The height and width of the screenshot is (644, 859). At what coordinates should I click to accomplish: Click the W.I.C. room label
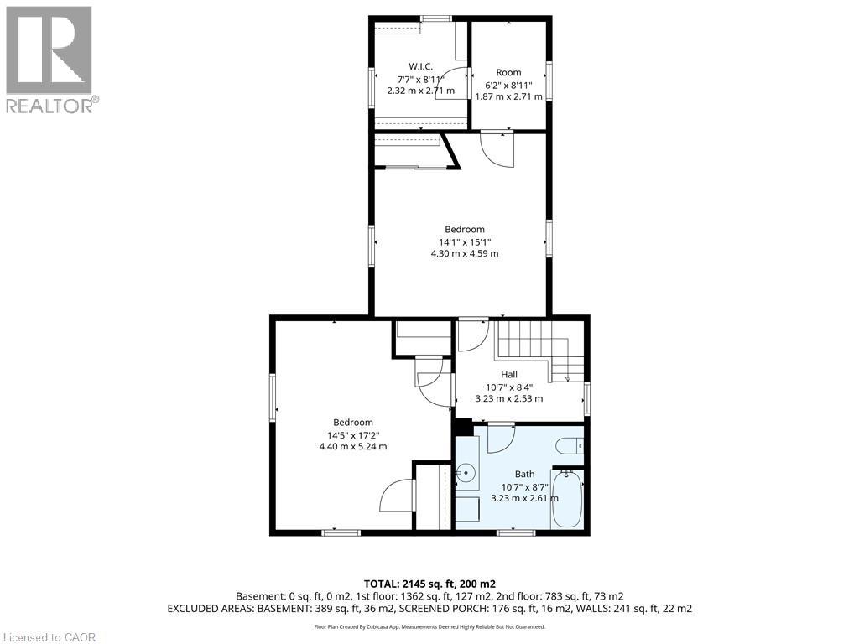420,66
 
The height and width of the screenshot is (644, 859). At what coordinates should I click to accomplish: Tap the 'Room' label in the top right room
508,72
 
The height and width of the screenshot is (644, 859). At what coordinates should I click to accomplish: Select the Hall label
509,374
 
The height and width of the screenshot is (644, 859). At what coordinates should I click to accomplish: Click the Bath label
524,474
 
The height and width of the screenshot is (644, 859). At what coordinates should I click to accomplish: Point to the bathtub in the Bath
568,499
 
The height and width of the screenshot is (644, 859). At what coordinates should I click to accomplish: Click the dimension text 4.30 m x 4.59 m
464,253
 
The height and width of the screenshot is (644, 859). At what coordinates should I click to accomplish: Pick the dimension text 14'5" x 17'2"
352,434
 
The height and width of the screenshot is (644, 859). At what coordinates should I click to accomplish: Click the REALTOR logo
50,59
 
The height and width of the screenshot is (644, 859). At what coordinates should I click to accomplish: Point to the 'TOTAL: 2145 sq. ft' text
429,584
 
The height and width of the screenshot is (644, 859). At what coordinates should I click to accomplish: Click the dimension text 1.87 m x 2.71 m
508,96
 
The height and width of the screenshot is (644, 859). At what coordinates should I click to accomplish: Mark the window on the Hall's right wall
587,397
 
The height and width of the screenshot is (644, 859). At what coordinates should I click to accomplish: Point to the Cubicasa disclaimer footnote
429,626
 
